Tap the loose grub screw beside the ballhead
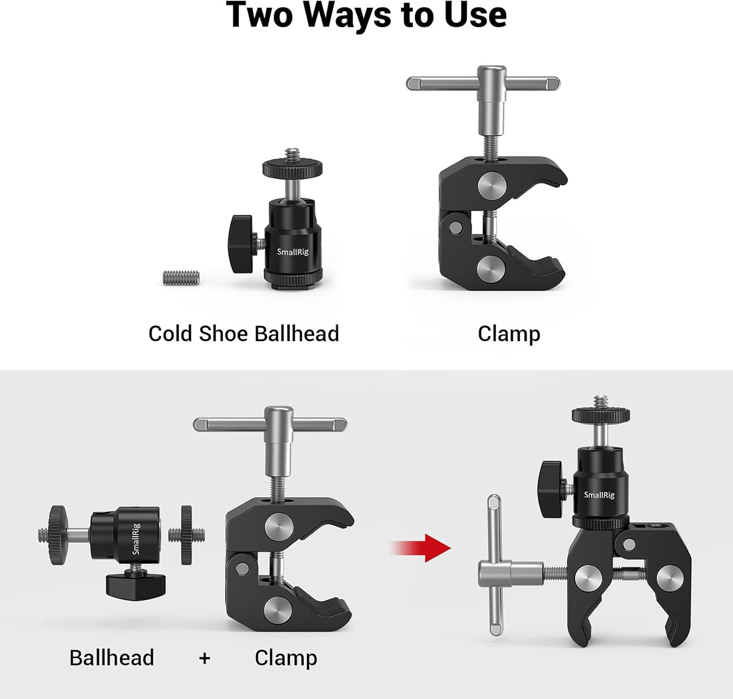tap(181, 278)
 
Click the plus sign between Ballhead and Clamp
tap(204, 658)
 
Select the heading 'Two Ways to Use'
tap(366, 15)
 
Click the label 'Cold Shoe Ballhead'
tap(243, 334)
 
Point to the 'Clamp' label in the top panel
tap(509, 334)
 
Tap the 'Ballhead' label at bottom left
tap(112, 658)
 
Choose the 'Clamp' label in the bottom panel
tap(286, 658)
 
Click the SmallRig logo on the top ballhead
tap(293, 252)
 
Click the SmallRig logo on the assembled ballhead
tap(599, 495)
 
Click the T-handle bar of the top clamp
tap(483, 83)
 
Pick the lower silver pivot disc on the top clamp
tap(491, 267)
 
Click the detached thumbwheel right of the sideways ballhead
tap(186, 535)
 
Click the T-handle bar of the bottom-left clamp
tap(270, 424)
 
